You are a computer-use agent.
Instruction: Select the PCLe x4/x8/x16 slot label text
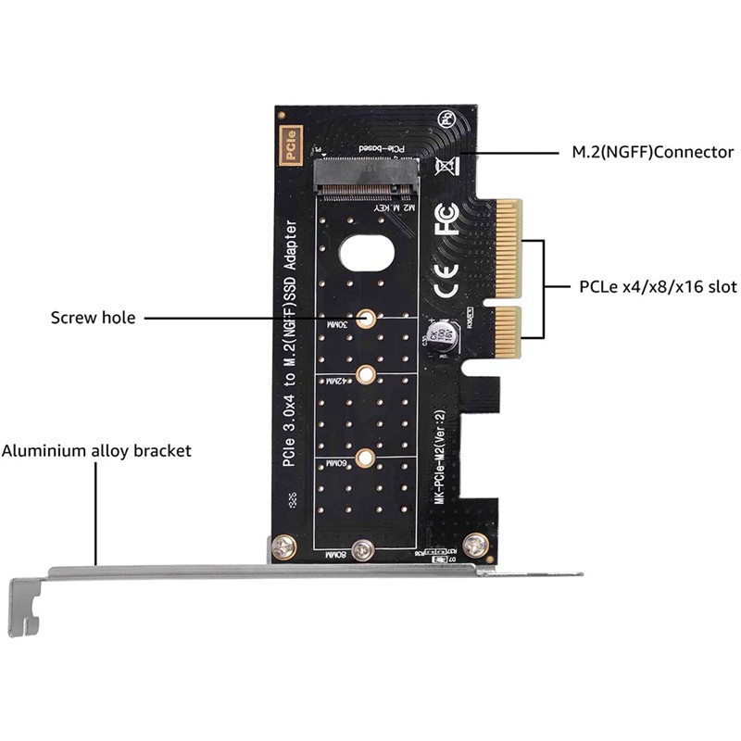click(x=653, y=287)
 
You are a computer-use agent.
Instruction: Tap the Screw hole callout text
click(x=93, y=318)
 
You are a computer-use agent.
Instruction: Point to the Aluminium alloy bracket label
click(x=96, y=451)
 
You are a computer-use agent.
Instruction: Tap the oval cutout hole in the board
click(x=368, y=252)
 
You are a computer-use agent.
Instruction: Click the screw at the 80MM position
click(x=365, y=549)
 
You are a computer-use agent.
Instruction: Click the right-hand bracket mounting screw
click(x=478, y=547)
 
